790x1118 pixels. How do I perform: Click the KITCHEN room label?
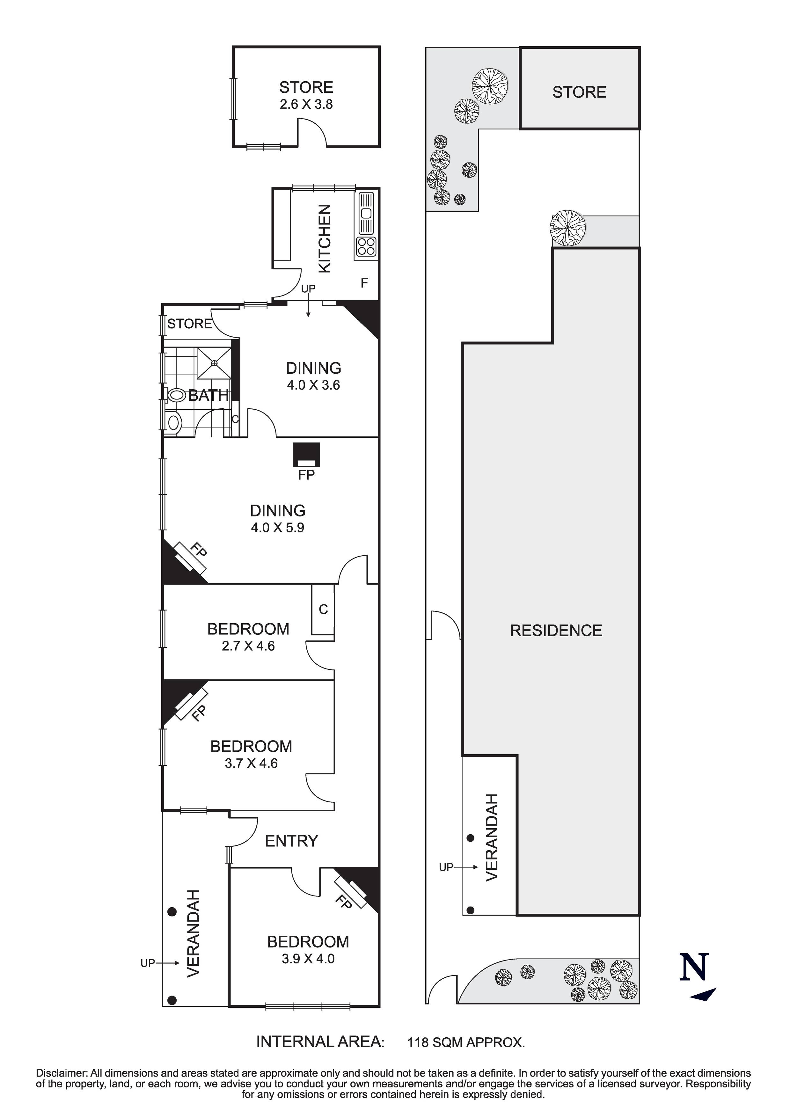pyautogui.click(x=324, y=238)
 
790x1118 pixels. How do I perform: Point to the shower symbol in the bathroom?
pyautogui.click(x=214, y=363)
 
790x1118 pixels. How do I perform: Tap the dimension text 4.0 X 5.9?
pyautogui.click(x=278, y=527)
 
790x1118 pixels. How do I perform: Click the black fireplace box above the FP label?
pyautogui.click(x=306, y=454)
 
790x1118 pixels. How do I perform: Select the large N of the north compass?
pyautogui.click(x=694, y=967)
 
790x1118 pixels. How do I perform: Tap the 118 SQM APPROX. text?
pyautogui.click(x=466, y=1043)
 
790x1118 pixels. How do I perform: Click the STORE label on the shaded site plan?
pyautogui.click(x=579, y=92)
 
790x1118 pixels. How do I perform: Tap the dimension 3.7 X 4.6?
pyautogui.click(x=251, y=763)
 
